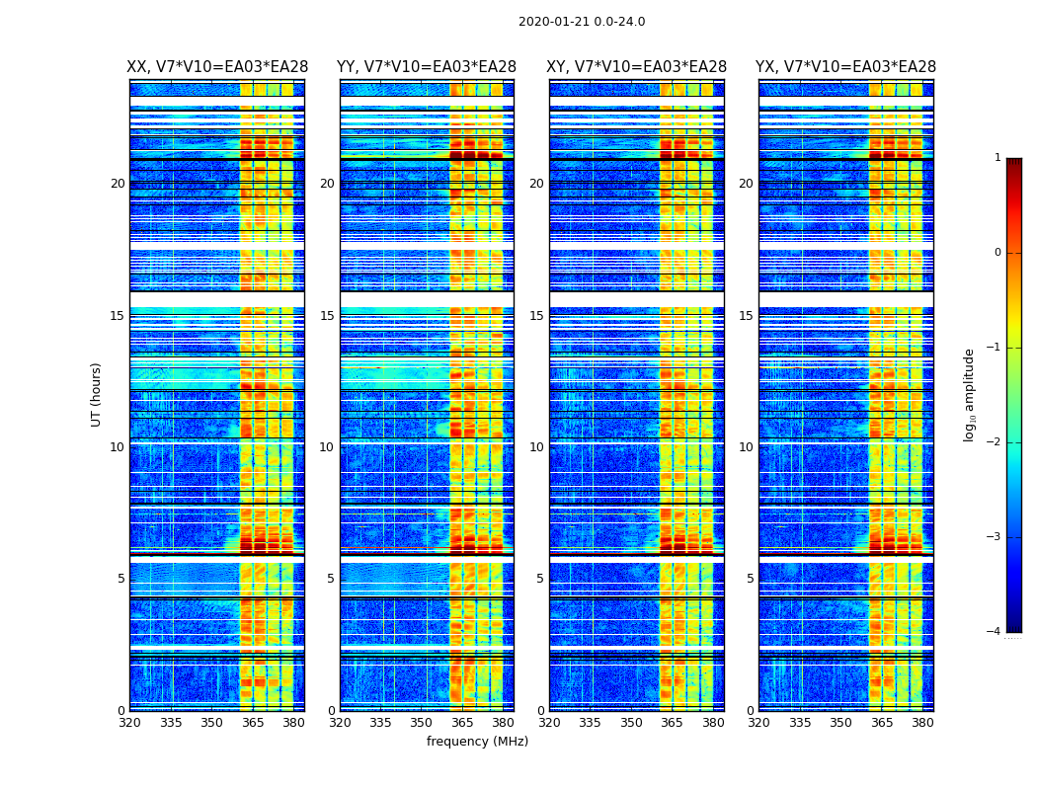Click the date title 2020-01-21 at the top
[x=581, y=22]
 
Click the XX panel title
[x=217, y=67]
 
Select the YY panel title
[x=427, y=67]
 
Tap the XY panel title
[x=636, y=67]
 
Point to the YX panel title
[x=845, y=67]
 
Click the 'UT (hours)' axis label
[x=97, y=394]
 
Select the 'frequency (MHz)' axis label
[x=477, y=742]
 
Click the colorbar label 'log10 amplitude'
[x=970, y=394]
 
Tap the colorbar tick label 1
[x=997, y=158]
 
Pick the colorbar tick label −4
[x=995, y=632]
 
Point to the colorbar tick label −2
[x=995, y=442]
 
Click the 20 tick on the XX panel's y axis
[x=118, y=184]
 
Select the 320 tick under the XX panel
[x=129, y=723]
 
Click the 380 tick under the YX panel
[x=922, y=723]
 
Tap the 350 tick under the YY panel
[x=422, y=723]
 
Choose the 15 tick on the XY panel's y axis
[x=536, y=316]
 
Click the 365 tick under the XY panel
[x=672, y=723]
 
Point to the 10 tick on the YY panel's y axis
[x=327, y=447]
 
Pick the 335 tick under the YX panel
[x=800, y=723]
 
